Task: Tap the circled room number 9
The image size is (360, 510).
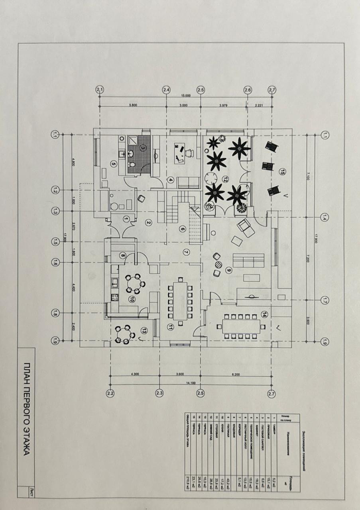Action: click(229, 270)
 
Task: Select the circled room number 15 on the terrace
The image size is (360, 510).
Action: click(282, 172)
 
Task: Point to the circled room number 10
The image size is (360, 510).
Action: click(132, 300)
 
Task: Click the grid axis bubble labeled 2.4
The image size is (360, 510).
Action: click(166, 90)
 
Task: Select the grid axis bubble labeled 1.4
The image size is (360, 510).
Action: click(324, 218)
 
